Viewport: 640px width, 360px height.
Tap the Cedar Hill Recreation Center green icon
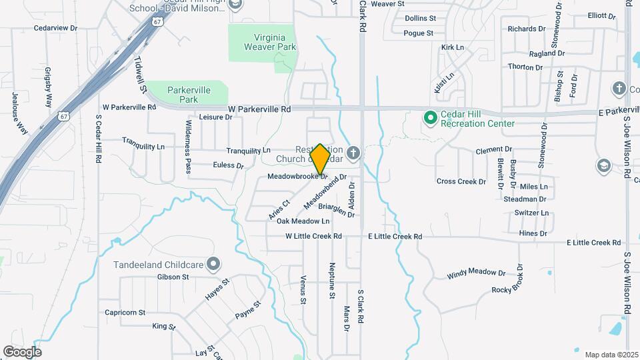click(431, 118)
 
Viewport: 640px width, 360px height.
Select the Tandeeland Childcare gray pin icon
click(213, 264)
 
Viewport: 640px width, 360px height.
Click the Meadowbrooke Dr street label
click(297, 177)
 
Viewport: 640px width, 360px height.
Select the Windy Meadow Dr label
click(476, 273)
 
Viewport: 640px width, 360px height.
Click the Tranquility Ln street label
click(248, 151)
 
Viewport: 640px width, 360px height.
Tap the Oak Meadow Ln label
click(303, 221)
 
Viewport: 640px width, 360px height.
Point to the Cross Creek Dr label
click(461, 181)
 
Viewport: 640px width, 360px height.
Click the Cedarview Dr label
click(56, 29)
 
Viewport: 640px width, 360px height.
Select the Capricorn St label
click(125, 312)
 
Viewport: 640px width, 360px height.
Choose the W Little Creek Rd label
click(313, 236)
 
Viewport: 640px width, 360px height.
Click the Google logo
click(22, 351)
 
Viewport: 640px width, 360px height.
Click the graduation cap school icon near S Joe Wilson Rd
click(603, 165)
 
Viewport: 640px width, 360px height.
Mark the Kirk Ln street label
click(452, 47)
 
